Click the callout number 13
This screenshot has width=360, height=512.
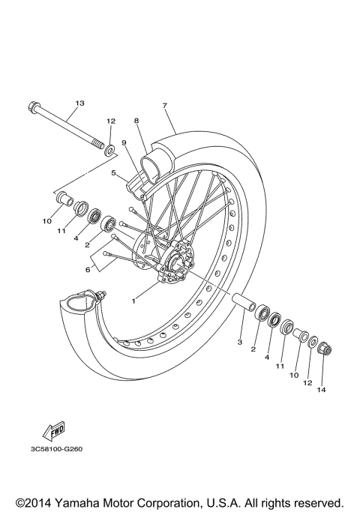[x=79, y=103]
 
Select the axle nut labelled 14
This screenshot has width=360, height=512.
[x=325, y=349]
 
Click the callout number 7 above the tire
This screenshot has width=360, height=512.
[x=164, y=106]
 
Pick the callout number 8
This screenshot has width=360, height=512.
[x=137, y=120]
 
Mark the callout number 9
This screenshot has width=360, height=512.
[x=124, y=142]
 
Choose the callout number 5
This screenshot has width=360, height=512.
[x=113, y=172]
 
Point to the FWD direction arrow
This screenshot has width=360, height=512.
[x=54, y=431]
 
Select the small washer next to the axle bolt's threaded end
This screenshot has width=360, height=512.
[x=111, y=149]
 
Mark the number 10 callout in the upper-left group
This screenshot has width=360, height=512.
[x=46, y=221]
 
